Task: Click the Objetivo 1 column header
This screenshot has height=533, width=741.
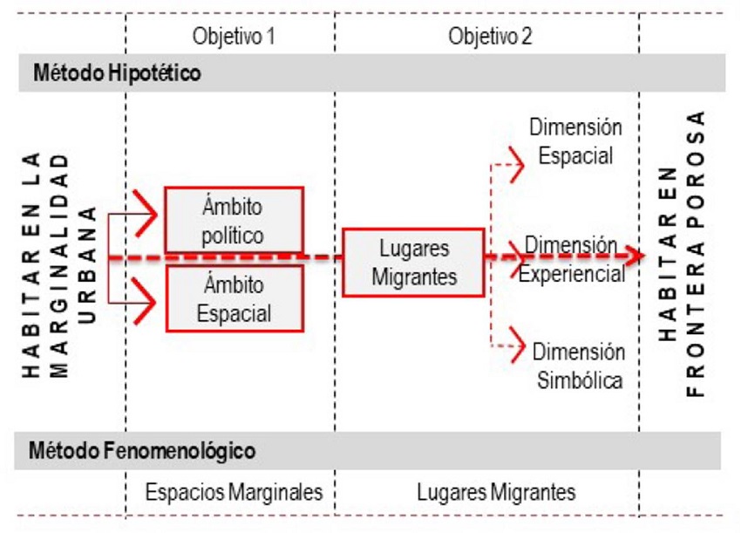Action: click(230, 37)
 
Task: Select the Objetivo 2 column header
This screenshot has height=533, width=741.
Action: click(490, 37)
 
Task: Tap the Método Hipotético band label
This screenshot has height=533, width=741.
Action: click(117, 73)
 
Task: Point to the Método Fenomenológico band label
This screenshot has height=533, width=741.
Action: click(143, 451)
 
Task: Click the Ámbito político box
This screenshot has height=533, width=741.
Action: click(233, 222)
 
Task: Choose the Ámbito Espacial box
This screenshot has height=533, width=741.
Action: click(233, 298)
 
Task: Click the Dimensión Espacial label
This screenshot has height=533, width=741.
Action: click(575, 141)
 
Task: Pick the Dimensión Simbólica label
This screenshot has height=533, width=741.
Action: click(578, 366)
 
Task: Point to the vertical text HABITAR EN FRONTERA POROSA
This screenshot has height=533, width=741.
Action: click(680, 253)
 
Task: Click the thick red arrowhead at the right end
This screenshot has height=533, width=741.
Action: click(636, 256)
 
